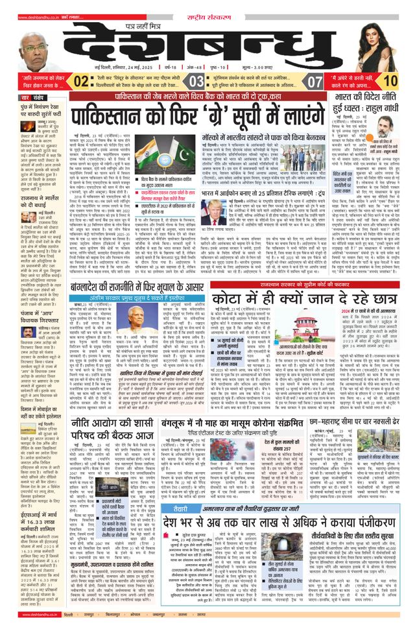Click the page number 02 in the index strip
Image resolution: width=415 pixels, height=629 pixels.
point(81,81)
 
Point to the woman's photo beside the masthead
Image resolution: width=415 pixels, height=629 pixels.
point(383,39)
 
